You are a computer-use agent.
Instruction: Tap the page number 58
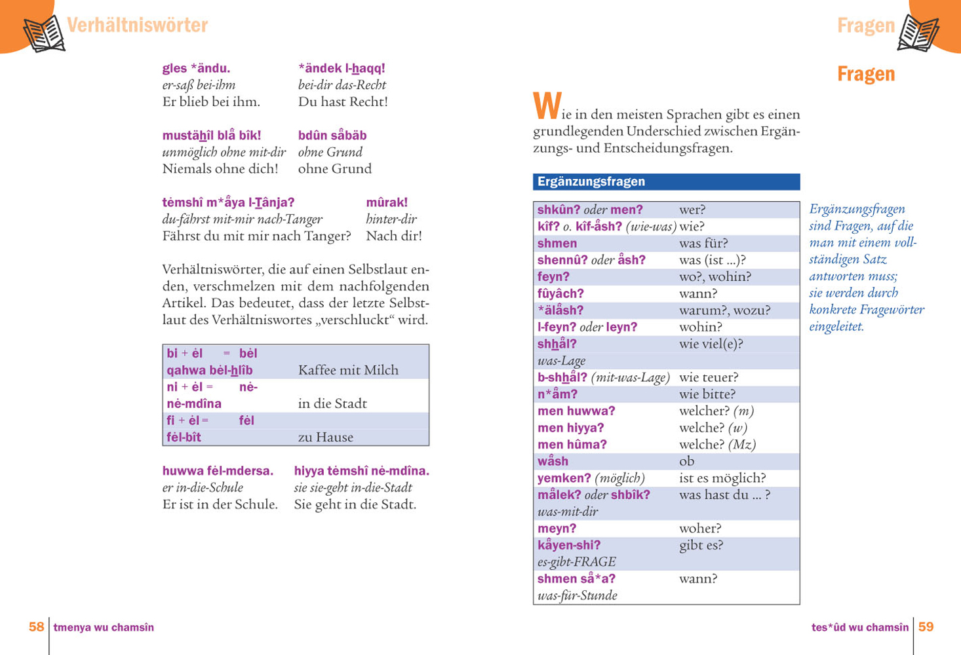pyautogui.click(x=36, y=627)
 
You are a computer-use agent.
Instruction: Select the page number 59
pyautogui.click(x=926, y=627)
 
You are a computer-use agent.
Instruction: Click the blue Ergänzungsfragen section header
pyautogui.click(x=666, y=181)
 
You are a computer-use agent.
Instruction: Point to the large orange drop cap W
pyautogui.click(x=547, y=107)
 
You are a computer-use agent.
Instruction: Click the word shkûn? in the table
pyautogui.click(x=557, y=210)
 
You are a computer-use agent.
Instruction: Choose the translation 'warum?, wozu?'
pyautogui.click(x=724, y=310)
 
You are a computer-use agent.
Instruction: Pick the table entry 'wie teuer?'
pyautogui.click(x=708, y=377)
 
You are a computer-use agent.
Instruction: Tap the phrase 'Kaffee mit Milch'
pyautogui.click(x=348, y=370)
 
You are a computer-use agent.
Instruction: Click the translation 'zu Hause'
pyautogui.click(x=325, y=437)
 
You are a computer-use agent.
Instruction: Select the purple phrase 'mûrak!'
pyautogui.click(x=387, y=202)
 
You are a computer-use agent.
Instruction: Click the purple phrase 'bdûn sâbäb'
pyautogui.click(x=332, y=136)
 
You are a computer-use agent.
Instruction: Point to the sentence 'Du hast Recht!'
pyautogui.click(x=343, y=102)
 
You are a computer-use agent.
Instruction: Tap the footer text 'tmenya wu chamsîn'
pyautogui.click(x=104, y=627)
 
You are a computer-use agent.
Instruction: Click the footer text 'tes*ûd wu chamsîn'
pyautogui.click(x=859, y=627)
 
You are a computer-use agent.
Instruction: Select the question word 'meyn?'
pyautogui.click(x=557, y=528)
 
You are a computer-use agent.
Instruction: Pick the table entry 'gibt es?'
pyautogui.click(x=701, y=545)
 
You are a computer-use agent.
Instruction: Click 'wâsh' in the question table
pyautogui.click(x=553, y=461)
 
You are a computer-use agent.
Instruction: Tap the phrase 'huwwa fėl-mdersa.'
pyautogui.click(x=218, y=470)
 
